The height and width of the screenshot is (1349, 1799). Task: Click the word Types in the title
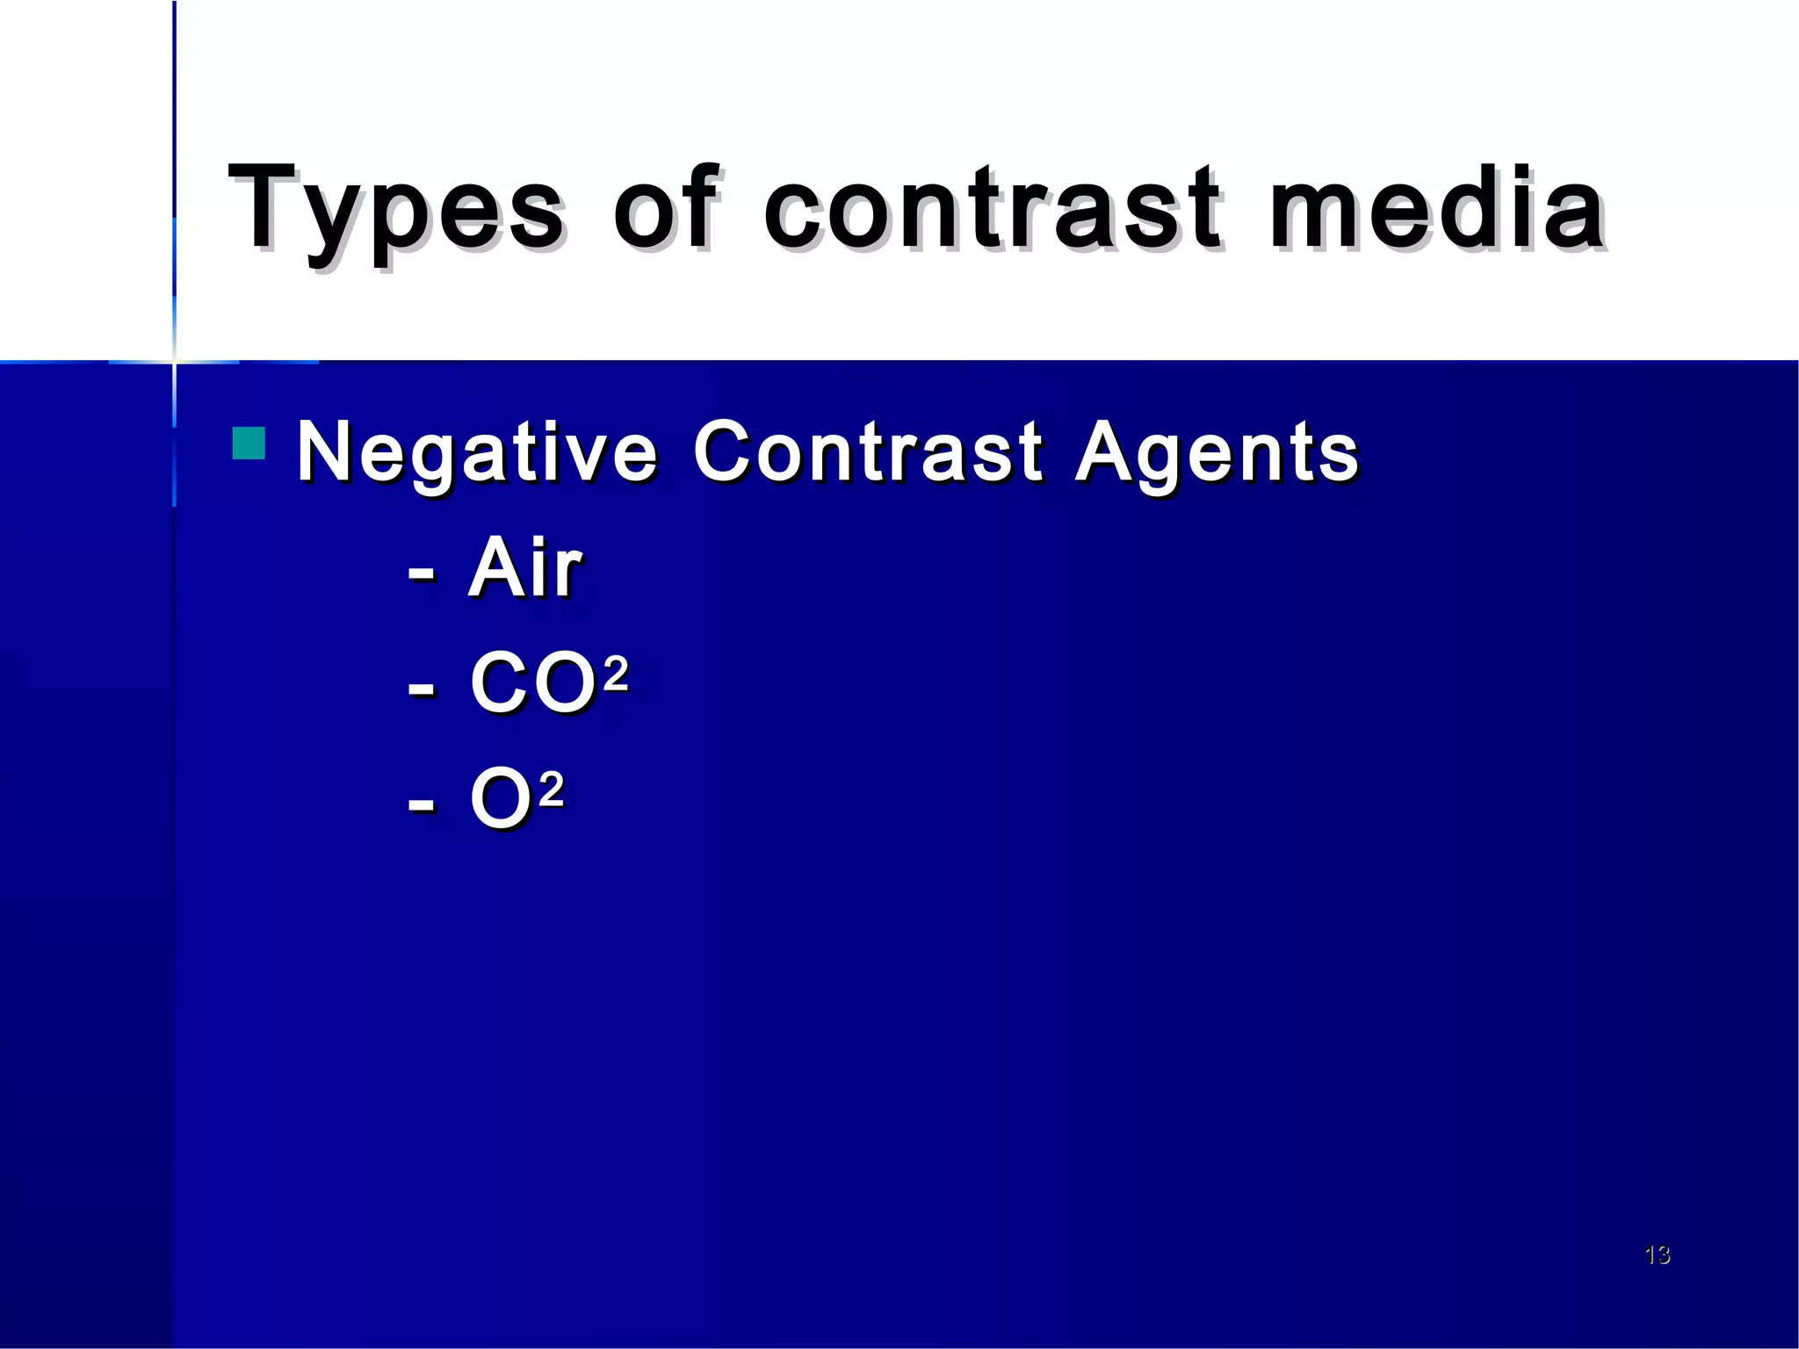click(x=396, y=211)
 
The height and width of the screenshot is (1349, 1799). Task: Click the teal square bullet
click(x=249, y=444)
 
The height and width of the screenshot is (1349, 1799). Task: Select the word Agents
click(x=1217, y=452)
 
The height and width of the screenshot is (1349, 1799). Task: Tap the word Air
click(x=525, y=567)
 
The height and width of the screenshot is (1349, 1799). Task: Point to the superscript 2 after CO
click(x=616, y=674)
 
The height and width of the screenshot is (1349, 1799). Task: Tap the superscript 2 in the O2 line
click(x=551, y=790)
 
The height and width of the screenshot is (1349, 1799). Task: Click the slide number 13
click(x=1657, y=1254)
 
